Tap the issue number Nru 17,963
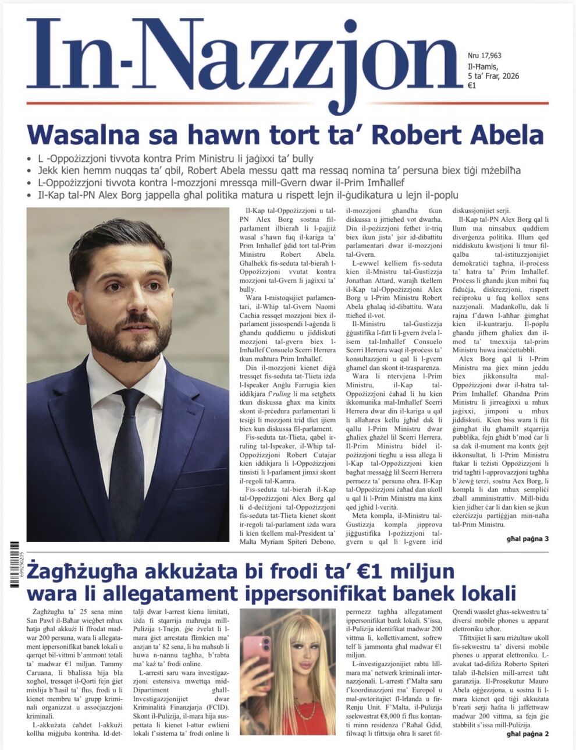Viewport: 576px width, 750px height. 485,56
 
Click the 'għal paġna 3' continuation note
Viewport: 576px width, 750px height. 524,539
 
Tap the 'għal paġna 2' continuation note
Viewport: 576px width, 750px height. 524,734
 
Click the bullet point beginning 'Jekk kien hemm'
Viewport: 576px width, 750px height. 273,170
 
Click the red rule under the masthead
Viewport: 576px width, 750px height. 287,103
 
